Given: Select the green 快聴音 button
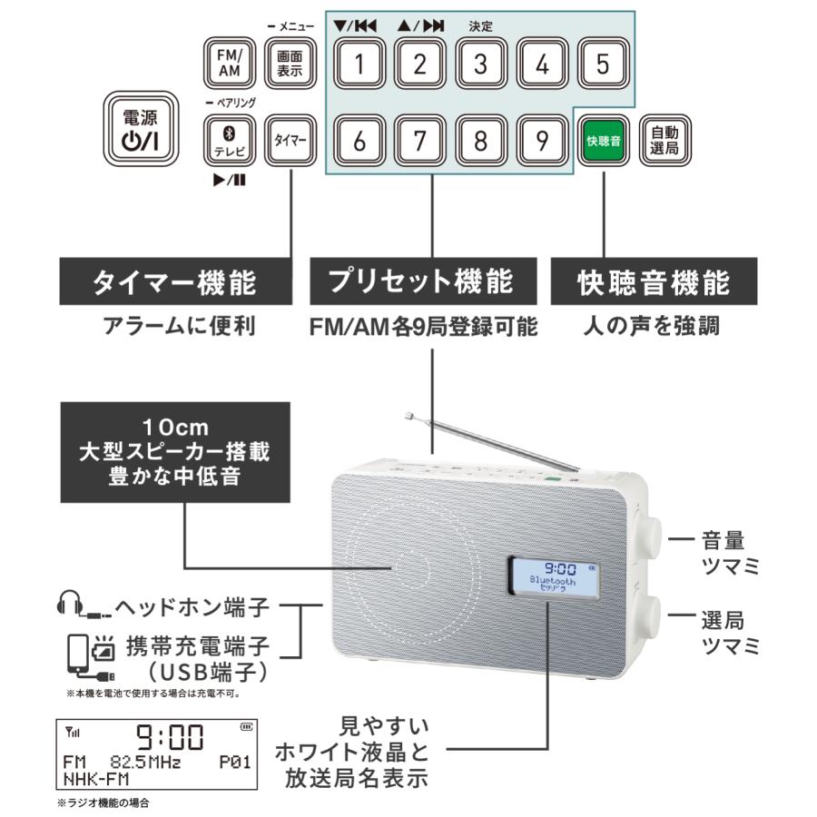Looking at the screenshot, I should pyautogui.click(x=604, y=140).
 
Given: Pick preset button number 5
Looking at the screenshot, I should pyautogui.click(x=604, y=64).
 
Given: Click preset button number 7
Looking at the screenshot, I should pyautogui.click(x=419, y=140).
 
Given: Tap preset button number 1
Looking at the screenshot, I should pyautogui.click(x=359, y=64).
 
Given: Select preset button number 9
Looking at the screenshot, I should pyautogui.click(x=542, y=140).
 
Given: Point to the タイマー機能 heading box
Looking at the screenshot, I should pyautogui.click(x=174, y=282).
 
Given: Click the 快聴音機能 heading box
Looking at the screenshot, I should pyautogui.click(x=654, y=282).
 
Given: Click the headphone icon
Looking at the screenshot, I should pyautogui.click(x=71, y=603).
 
